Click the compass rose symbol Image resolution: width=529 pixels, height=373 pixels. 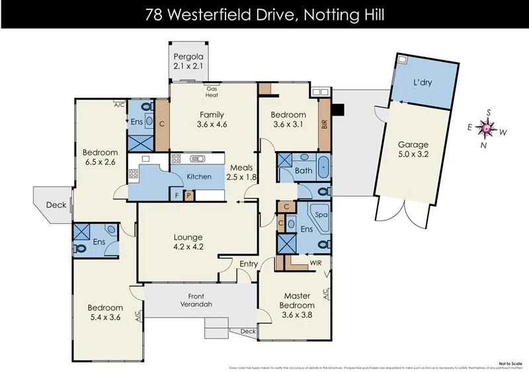487,128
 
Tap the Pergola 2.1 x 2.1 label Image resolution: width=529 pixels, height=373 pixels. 188,61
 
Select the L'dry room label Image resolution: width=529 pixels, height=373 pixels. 424,84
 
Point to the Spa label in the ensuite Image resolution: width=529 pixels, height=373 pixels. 321,215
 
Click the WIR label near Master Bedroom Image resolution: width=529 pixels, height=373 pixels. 317,262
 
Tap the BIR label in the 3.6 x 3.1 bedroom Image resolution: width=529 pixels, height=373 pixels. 325,123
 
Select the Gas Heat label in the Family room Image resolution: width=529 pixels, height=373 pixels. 212,92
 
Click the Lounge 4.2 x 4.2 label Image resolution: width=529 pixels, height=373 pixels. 188,242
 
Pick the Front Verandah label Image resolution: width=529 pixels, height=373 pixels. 200,300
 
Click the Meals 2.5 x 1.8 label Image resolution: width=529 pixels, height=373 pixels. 241,172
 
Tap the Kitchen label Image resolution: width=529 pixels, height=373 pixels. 198,176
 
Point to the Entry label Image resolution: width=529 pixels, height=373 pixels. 249,264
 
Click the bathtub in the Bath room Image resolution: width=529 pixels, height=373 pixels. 322,167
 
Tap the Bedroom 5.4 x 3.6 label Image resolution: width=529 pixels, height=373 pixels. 105,313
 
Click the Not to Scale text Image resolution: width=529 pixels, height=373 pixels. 508,362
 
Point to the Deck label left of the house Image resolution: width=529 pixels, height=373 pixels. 56,205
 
